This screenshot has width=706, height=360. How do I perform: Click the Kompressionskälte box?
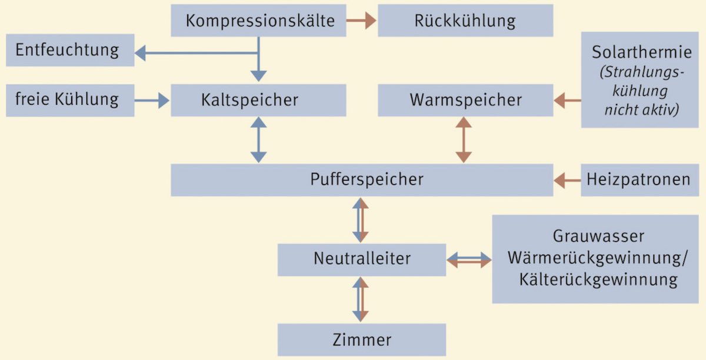tap(259, 21)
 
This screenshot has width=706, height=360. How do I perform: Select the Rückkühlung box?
tap(465, 21)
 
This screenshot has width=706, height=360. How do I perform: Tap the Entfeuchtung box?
tap(67, 50)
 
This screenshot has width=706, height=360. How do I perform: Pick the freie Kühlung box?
tap(67, 99)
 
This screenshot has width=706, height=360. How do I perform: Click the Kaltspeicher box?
tap(259, 99)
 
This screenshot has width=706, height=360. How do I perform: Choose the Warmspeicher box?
tap(465, 99)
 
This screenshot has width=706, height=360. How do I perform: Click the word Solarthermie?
tap(641, 52)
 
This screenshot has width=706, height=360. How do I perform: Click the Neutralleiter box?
tap(362, 258)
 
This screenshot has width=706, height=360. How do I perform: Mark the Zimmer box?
tap(362, 339)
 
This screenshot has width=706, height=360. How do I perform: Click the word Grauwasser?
tap(598, 236)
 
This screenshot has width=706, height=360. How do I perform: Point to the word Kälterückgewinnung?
tap(598, 279)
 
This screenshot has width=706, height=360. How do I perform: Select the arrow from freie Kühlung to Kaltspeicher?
tap(152, 101)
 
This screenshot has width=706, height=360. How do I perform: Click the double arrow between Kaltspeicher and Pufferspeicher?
tap(259, 140)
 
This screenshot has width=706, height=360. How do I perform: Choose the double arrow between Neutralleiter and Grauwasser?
tap(469, 259)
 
